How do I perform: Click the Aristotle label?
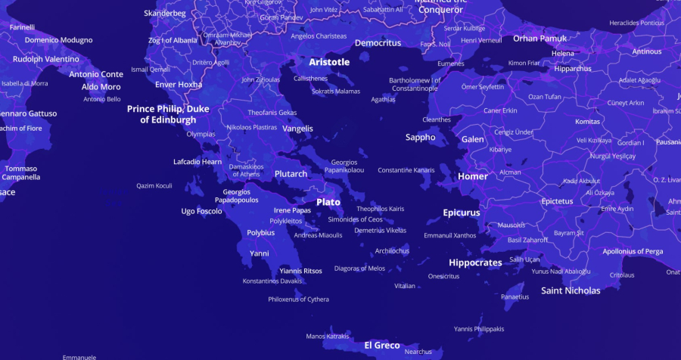pos(329,62)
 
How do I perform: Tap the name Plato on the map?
pos(328,202)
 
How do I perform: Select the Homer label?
pos(473,176)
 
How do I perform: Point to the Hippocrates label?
pos(475,262)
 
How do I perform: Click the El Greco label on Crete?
pos(382,345)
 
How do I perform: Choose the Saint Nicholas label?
pos(571,290)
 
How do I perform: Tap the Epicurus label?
pos(462,213)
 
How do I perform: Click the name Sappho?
pos(420,138)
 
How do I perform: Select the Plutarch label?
pos(291,174)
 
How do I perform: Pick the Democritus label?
pos(378,43)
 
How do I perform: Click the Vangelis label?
pos(297,129)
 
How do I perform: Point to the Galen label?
pos(472,139)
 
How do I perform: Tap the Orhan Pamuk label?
pos(540,38)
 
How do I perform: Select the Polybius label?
pos(261,233)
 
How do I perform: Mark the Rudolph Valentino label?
pos(45,58)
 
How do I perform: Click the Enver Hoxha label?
pos(179,85)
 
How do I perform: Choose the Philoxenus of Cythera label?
pos(298,299)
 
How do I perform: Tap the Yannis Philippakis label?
pos(479,329)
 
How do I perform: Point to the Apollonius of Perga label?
pos(633,251)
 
